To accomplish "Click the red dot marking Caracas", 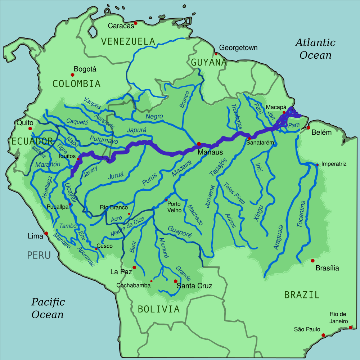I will click(x=136, y=23).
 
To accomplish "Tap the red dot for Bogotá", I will click(x=72, y=75).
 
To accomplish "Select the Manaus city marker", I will click(x=199, y=144).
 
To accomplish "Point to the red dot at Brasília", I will click(x=312, y=261).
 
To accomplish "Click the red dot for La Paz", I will click(x=134, y=267).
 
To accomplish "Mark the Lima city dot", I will click(x=46, y=233).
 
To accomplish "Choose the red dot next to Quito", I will click(x=30, y=129).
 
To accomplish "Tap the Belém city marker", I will click(x=308, y=128).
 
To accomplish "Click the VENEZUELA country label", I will click(x=128, y=41).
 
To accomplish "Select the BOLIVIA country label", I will click(x=158, y=309).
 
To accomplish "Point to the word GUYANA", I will click(x=209, y=63).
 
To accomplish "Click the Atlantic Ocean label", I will click(x=315, y=49).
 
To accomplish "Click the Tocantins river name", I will click(x=302, y=214).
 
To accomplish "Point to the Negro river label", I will click(x=154, y=117).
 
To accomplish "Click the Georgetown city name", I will click(x=238, y=48).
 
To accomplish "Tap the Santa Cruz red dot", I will click(x=175, y=281).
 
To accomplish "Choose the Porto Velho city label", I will click(x=174, y=207).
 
